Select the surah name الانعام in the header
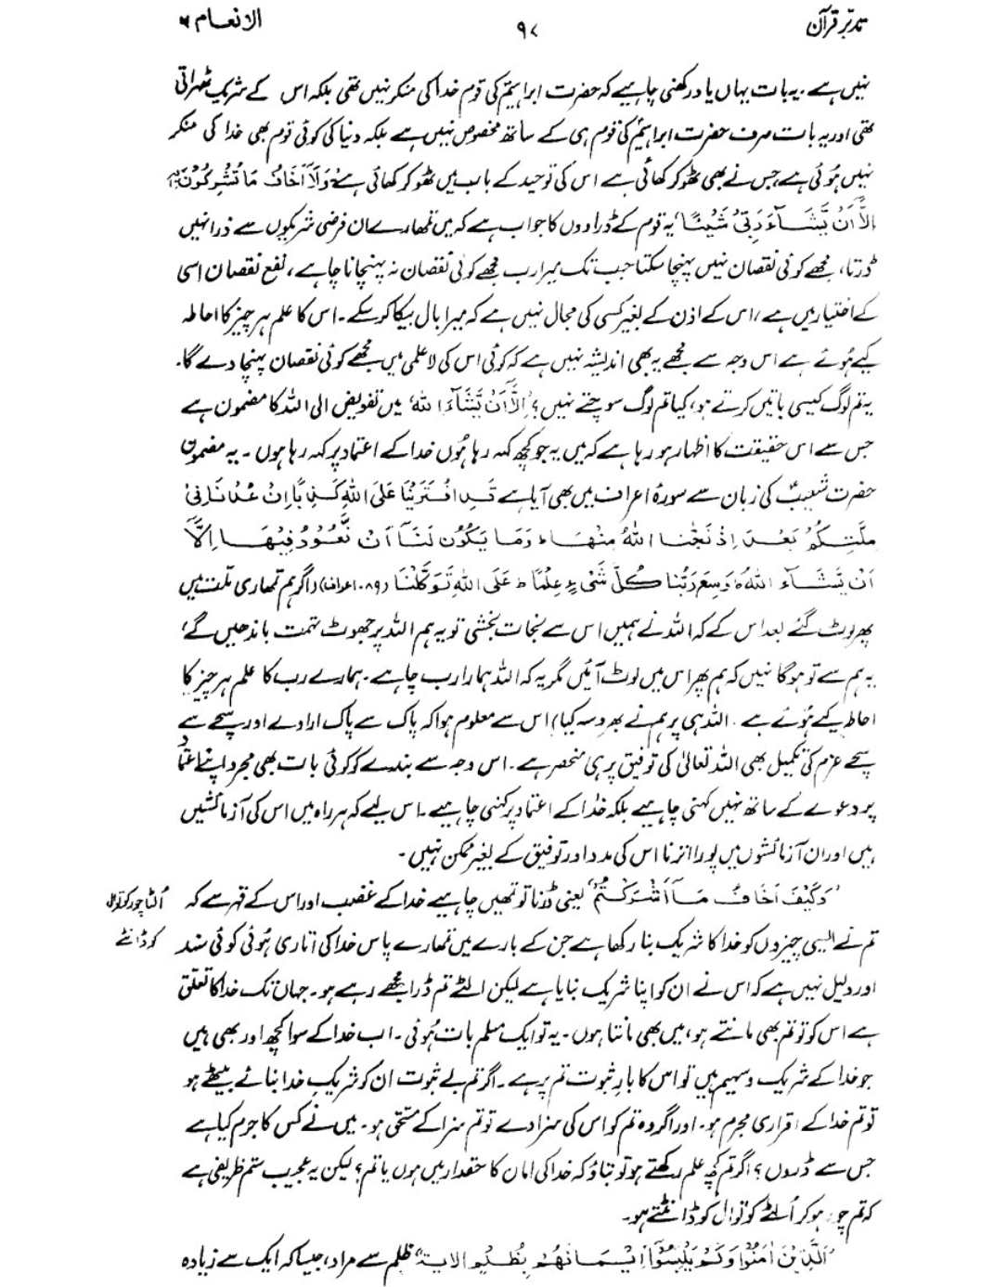(221, 20)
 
